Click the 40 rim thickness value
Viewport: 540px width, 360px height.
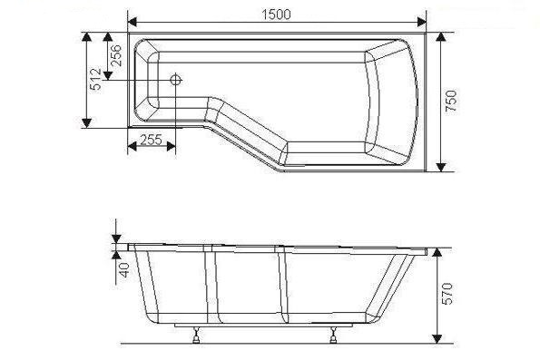[124, 269]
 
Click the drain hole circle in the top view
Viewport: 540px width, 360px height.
[175, 81]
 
